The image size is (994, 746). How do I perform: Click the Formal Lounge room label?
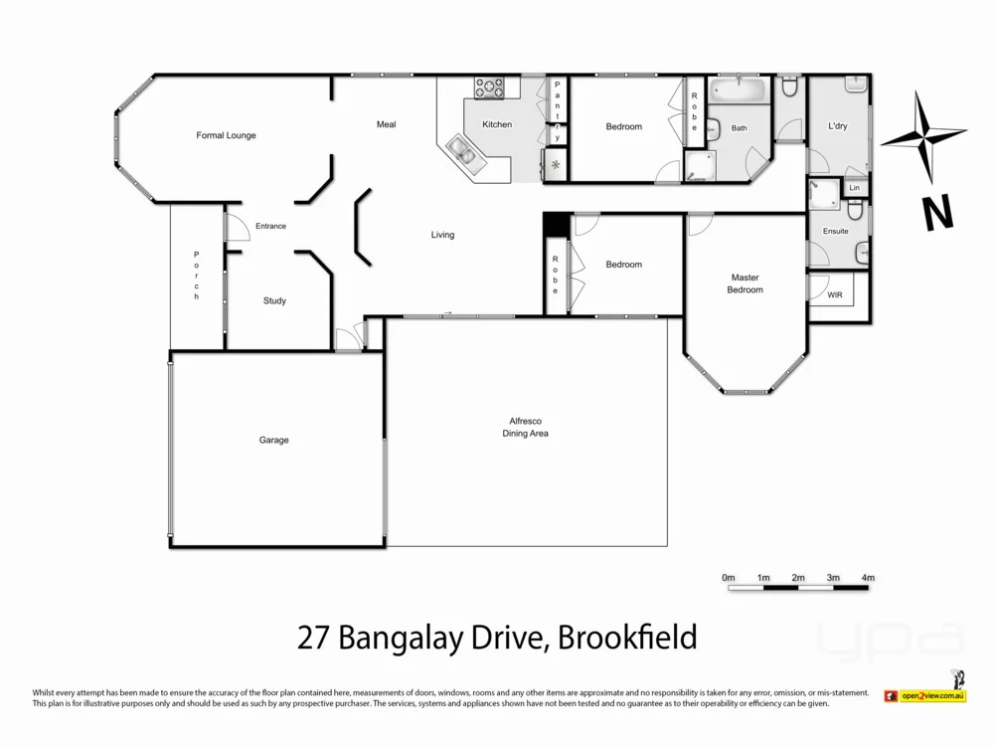[x=226, y=135]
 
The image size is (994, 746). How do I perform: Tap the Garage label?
[x=274, y=440]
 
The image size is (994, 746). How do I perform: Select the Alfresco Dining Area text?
[x=526, y=428]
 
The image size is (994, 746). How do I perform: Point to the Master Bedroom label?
[x=745, y=283]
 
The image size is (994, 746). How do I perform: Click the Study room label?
[x=274, y=300]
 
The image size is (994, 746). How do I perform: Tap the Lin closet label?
[x=854, y=188]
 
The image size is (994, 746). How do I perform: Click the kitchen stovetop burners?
[x=490, y=88]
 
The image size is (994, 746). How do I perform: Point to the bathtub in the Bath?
[x=742, y=94]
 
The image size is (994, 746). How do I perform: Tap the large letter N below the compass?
[x=933, y=213]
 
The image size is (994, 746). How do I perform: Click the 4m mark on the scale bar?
[x=867, y=578]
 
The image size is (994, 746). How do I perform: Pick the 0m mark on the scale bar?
[x=728, y=578]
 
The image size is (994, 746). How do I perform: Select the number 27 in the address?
[x=315, y=637]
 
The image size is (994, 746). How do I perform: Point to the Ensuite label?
[x=836, y=231]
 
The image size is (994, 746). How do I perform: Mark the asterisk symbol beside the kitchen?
[x=555, y=164]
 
